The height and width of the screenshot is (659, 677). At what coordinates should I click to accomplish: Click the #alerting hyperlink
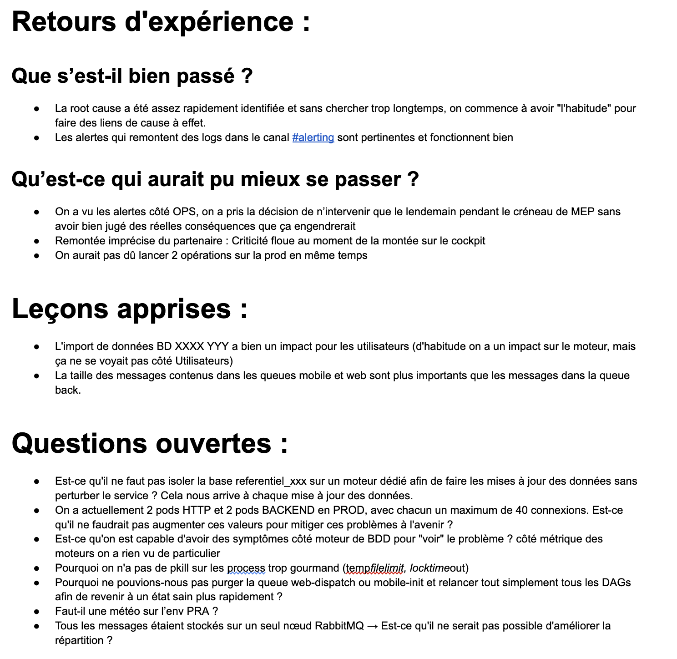click(x=313, y=137)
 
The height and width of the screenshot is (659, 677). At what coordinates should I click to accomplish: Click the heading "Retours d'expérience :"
click(x=161, y=22)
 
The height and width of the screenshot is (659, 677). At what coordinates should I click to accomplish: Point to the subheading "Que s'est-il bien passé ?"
click(x=132, y=76)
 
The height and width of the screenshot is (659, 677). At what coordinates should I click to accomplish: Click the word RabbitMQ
click(x=339, y=626)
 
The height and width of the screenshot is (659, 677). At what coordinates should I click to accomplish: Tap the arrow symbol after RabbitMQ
click(x=372, y=626)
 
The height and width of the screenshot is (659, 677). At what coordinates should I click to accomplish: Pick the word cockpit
click(x=468, y=241)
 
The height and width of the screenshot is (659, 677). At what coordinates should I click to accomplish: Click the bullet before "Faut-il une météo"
click(x=36, y=611)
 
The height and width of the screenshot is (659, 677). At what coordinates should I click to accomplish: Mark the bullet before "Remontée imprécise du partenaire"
click(x=36, y=241)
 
